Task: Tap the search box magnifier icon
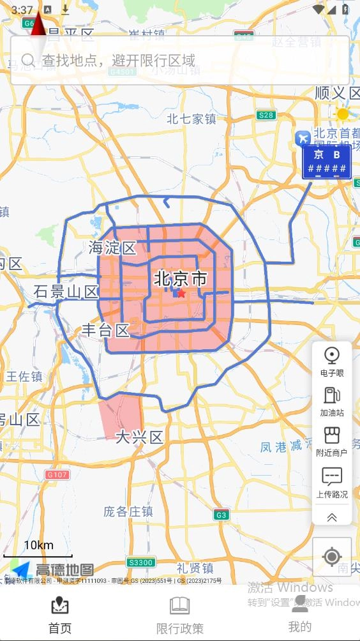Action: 28,60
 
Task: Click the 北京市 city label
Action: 181,279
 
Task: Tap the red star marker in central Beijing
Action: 181,293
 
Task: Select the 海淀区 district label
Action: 113,248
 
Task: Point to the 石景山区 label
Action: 66,292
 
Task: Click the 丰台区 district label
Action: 105,330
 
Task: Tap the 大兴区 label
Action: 139,437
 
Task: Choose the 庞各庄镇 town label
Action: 128,511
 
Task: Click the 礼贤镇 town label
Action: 195,568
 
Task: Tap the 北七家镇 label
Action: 192,119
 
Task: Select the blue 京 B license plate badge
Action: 326,162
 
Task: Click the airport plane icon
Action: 303,137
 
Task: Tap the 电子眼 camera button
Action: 332,361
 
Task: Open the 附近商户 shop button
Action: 332,442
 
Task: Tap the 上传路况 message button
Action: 332,483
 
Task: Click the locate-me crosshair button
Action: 332,557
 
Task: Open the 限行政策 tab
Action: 180,615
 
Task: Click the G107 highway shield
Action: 57,474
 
